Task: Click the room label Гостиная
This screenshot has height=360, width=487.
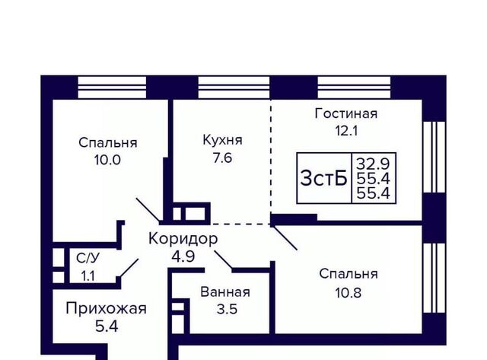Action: pos(346,113)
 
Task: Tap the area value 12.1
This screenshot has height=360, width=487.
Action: pos(346,131)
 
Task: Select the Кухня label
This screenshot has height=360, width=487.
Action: pos(222,140)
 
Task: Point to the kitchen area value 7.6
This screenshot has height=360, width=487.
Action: pos(222,158)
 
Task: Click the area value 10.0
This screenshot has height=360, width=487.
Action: pos(107,161)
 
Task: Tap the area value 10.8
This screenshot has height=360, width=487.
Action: pos(349,293)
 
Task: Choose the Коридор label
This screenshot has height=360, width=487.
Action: pos(183,239)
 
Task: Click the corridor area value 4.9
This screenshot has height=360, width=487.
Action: pos(183,257)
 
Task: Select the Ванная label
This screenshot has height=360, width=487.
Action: pos(225,292)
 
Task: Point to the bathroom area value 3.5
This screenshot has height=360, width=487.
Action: pos(227,309)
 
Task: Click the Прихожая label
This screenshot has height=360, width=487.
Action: pos(106,309)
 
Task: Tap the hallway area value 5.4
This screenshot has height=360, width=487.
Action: pos(107,327)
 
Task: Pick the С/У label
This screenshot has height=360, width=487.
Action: pos(88,259)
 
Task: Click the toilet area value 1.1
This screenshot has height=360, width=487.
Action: pos(88,276)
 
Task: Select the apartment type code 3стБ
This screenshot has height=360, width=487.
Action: pos(323,179)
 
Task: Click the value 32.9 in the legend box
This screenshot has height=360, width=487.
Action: pos(373,163)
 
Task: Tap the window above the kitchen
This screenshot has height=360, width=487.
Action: pos(234,88)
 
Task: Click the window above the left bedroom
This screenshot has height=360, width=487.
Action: pos(112,88)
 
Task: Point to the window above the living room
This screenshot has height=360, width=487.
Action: pos(354,88)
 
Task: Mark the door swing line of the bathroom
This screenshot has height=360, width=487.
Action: pos(223,260)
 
